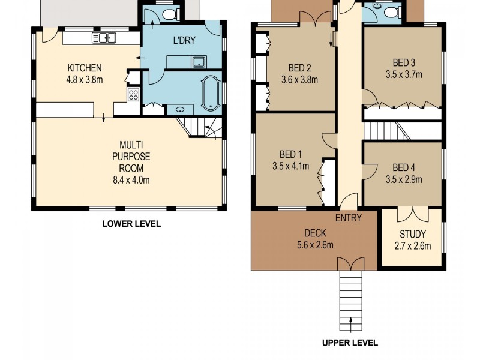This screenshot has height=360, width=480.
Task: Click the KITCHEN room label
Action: (x=84, y=67)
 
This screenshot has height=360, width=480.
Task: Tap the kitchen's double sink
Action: (x=104, y=38)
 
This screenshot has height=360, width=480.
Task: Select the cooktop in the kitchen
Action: (x=133, y=94)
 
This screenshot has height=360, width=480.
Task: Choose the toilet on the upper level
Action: (x=391, y=11)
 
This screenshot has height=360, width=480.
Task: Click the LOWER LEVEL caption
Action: (x=131, y=224)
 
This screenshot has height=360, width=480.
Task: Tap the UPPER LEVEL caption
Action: (x=350, y=343)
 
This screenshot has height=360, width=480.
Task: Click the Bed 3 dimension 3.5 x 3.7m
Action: (x=404, y=75)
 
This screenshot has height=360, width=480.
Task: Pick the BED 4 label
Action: (x=404, y=167)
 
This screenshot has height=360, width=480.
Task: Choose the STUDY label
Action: (x=412, y=234)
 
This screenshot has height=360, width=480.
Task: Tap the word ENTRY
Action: (x=349, y=218)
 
